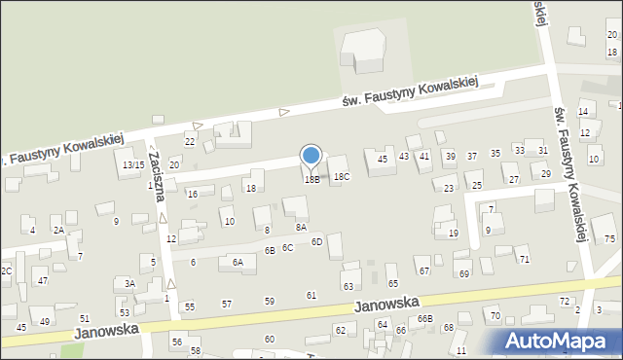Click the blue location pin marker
tap(311, 157)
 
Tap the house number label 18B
tap(311, 180)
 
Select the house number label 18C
tap(341, 177)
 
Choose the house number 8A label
tap(302, 227)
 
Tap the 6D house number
tap(316, 241)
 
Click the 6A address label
tap(237, 262)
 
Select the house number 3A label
tap(129, 284)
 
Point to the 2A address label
tap(58, 231)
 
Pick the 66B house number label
tap(424, 319)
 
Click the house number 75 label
tap(609, 239)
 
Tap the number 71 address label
tap(524, 259)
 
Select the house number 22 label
tap(190, 143)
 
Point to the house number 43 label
tap(403, 157)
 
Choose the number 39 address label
tap(450, 157)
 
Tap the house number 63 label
tap(348, 287)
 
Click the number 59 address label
tap(270, 301)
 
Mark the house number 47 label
tap(43, 281)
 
